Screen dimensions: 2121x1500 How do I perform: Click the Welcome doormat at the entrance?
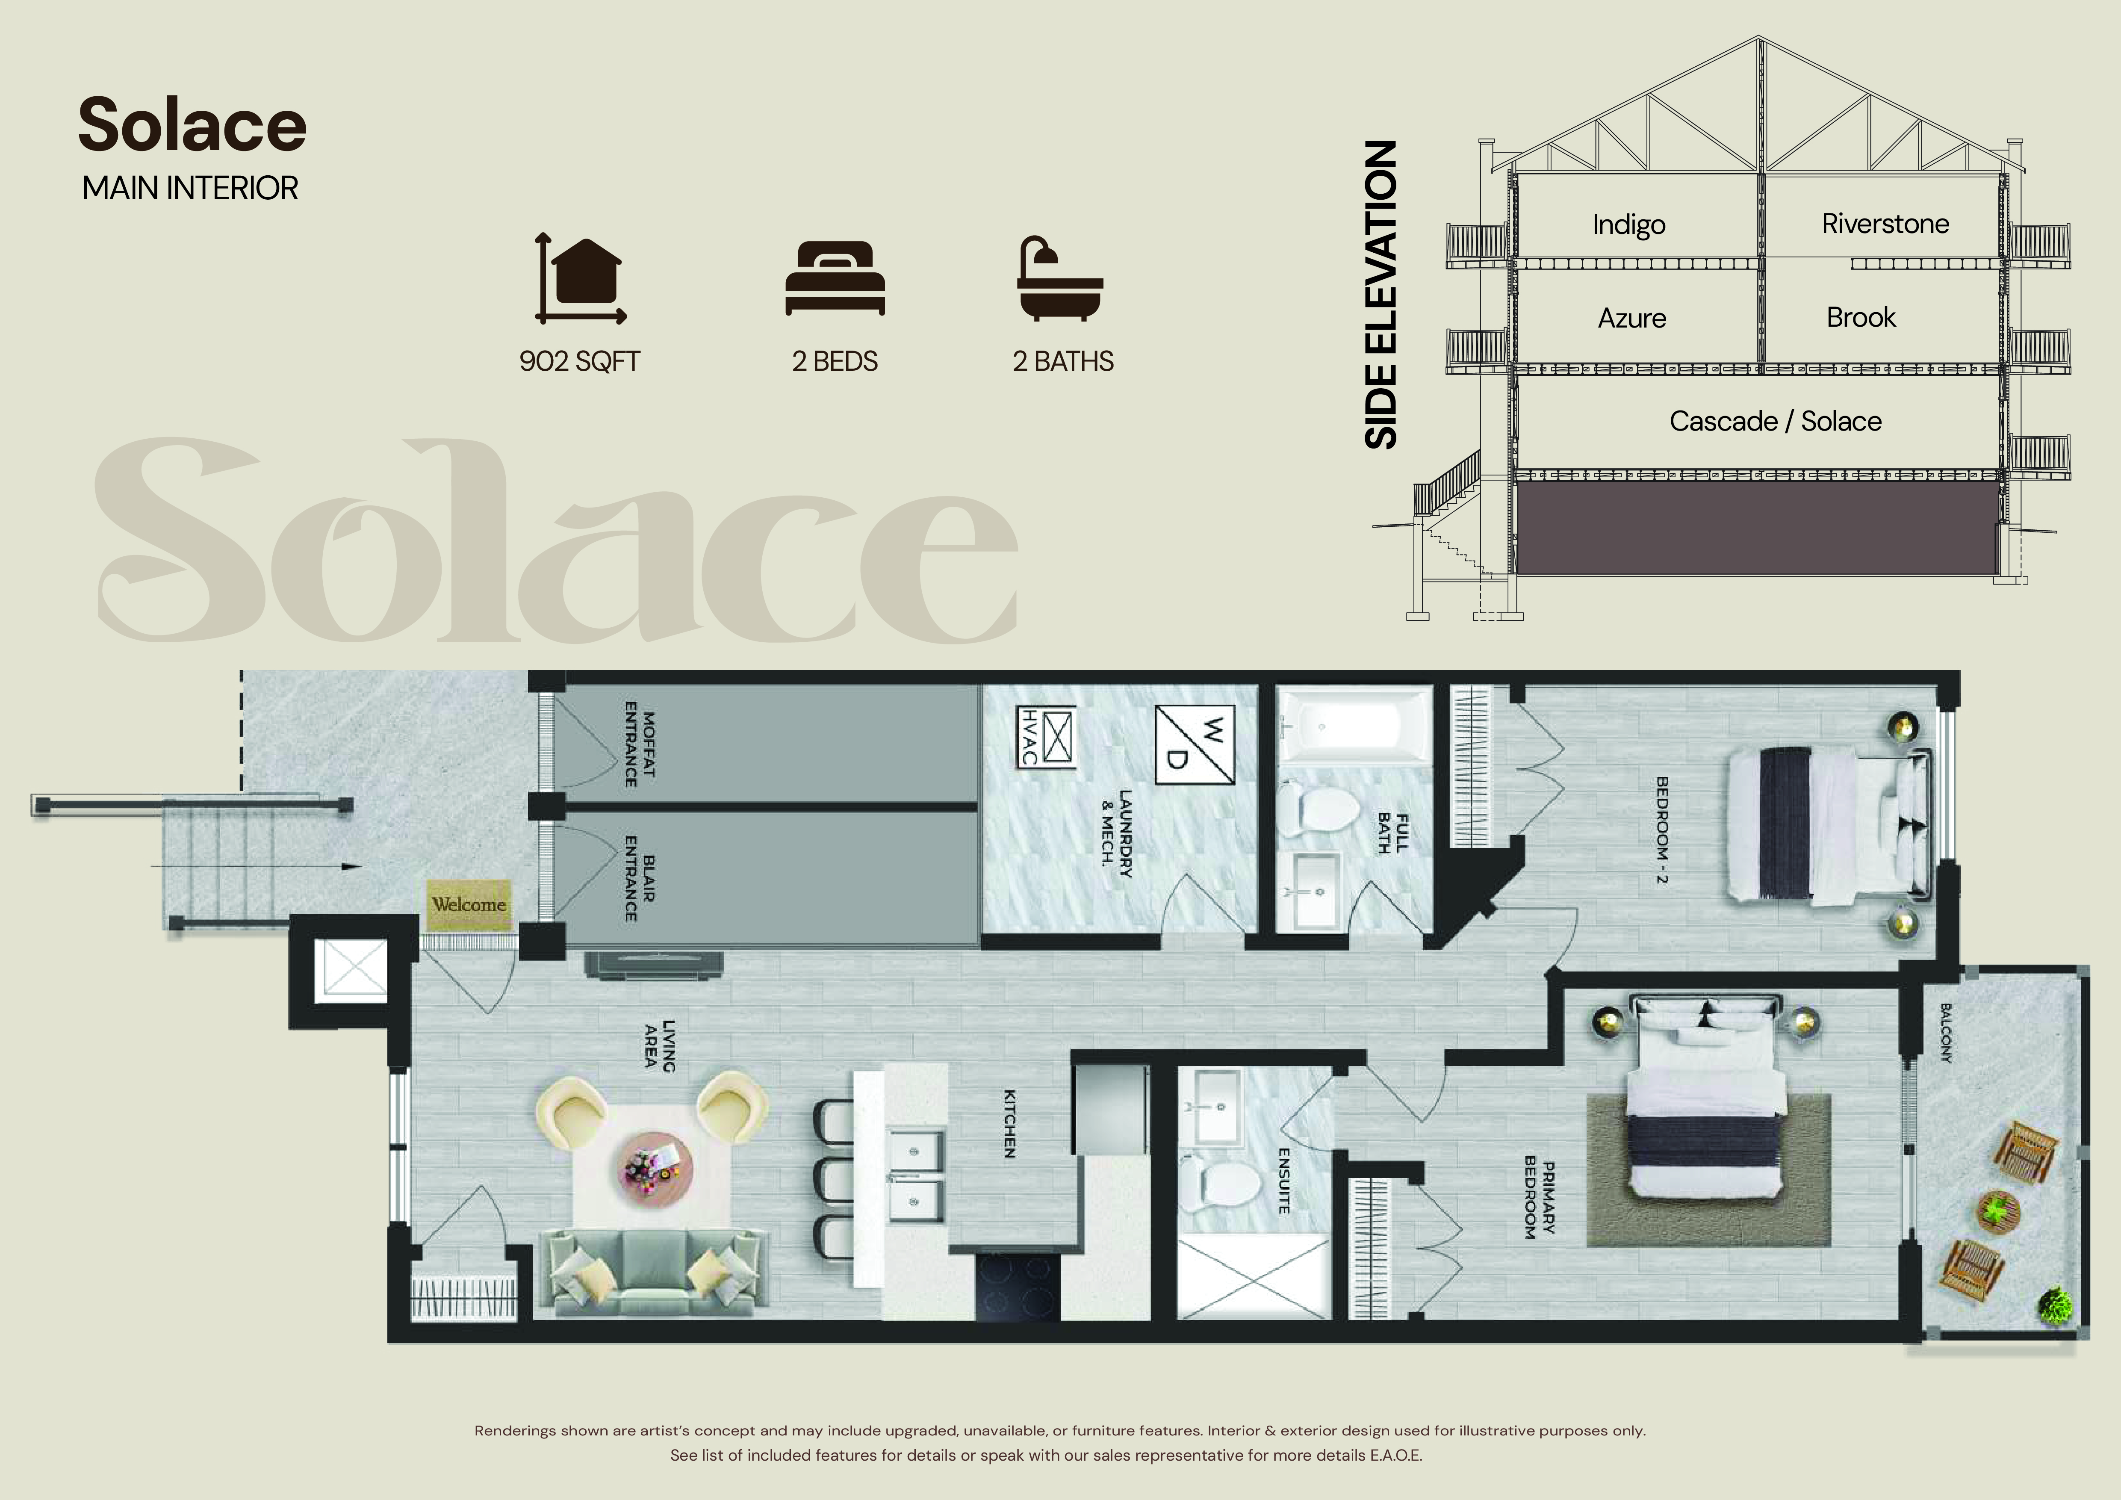(468, 904)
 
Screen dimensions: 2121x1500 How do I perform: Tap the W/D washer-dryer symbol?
(1195, 744)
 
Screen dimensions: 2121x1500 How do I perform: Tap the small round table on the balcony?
(1998, 1211)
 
